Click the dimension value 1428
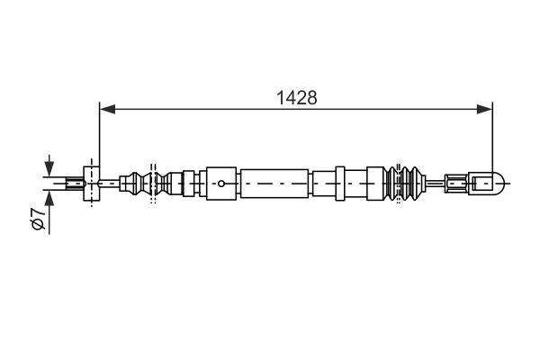(x=296, y=98)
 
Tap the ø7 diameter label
(x=38, y=219)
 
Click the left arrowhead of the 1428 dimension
(x=107, y=110)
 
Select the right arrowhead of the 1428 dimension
(x=484, y=110)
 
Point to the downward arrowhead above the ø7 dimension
(x=49, y=169)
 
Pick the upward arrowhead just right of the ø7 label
(x=49, y=197)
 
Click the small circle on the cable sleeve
(x=221, y=184)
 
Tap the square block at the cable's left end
(x=92, y=184)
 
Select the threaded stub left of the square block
(x=75, y=184)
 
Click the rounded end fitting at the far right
(x=488, y=184)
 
